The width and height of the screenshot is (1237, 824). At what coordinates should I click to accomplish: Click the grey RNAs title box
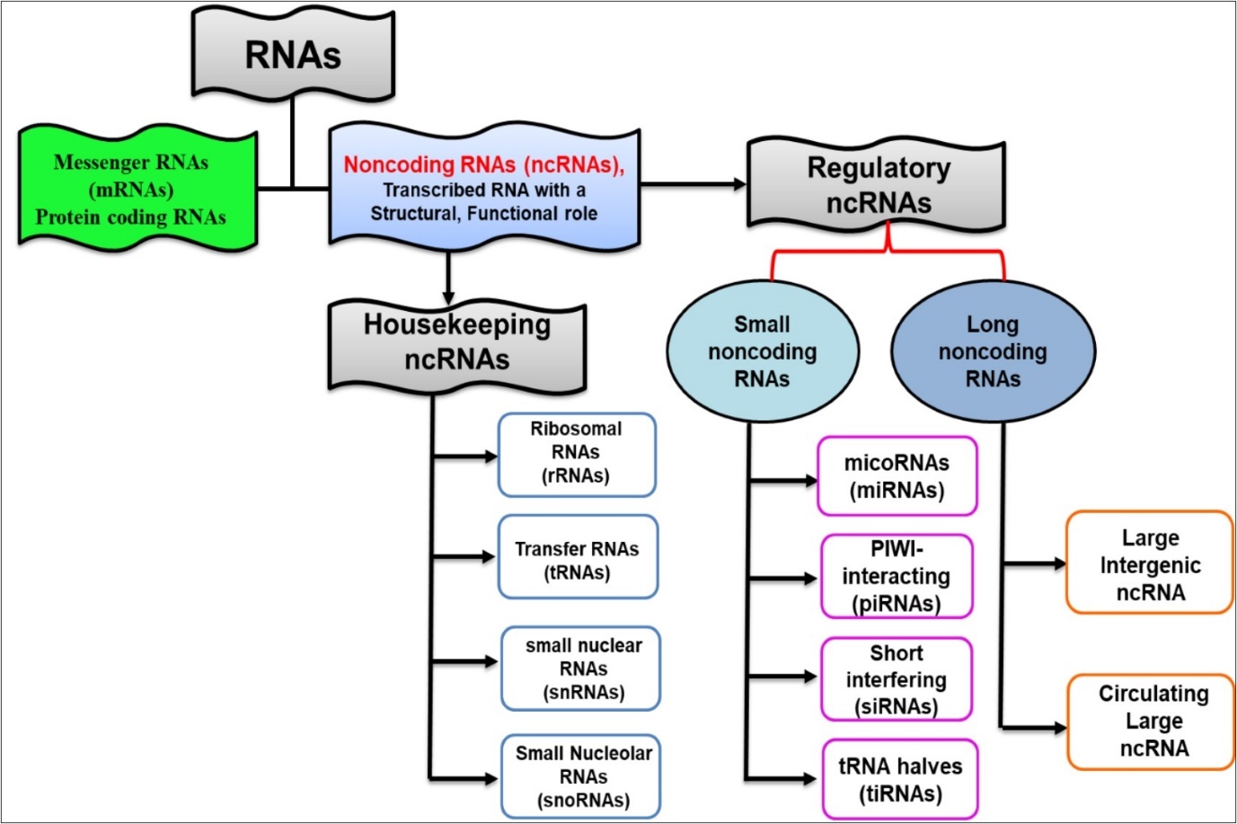[293, 55]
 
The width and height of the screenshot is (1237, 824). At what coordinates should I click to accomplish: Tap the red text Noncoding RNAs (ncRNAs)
[483, 164]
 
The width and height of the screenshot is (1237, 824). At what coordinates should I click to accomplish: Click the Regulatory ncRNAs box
[877, 186]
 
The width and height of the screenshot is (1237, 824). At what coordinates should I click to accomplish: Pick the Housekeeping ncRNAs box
[456, 341]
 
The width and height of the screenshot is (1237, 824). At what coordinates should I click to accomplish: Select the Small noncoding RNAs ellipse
[762, 351]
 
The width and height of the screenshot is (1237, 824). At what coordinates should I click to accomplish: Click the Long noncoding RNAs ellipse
[993, 351]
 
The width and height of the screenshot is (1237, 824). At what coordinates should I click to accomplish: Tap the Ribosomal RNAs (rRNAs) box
[577, 454]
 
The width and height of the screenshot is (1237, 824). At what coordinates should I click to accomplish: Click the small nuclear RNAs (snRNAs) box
[581, 669]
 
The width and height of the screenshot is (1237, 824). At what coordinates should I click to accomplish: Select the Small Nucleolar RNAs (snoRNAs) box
[581, 776]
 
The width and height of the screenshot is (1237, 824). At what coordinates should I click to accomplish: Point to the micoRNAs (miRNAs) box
[897, 476]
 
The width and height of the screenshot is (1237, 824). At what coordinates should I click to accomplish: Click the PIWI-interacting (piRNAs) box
[897, 576]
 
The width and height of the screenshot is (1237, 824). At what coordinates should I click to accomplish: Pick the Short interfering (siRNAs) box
[897, 679]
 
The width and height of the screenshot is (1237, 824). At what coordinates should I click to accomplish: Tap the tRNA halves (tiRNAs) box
[899, 779]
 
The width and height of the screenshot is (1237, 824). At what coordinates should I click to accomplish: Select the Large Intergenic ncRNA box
[1149, 564]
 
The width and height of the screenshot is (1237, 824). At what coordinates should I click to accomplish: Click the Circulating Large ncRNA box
[1152, 721]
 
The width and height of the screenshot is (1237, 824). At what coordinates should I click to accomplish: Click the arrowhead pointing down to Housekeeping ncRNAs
[448, 297]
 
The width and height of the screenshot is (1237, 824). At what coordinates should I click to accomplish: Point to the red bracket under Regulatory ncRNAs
[888, 253]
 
